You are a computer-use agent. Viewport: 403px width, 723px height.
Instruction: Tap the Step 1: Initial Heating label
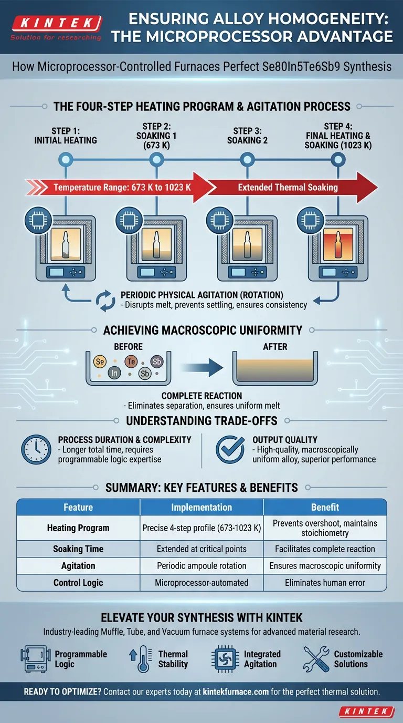pyautogui.click(x=66, y=136)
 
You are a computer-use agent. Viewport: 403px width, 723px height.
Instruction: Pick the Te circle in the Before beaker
pyautogui.click(x=131, y=361)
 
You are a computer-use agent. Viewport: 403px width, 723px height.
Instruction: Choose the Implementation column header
pyautogui.click(x=201, y=507)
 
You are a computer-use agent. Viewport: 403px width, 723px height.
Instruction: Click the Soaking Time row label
pyautogui.click(x=78, y=549)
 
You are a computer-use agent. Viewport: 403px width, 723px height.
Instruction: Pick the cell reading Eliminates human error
pyautogui.click(x=325, y=583)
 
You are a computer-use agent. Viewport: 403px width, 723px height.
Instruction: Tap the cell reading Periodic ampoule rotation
pyautogui.click(x=201, y=566)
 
